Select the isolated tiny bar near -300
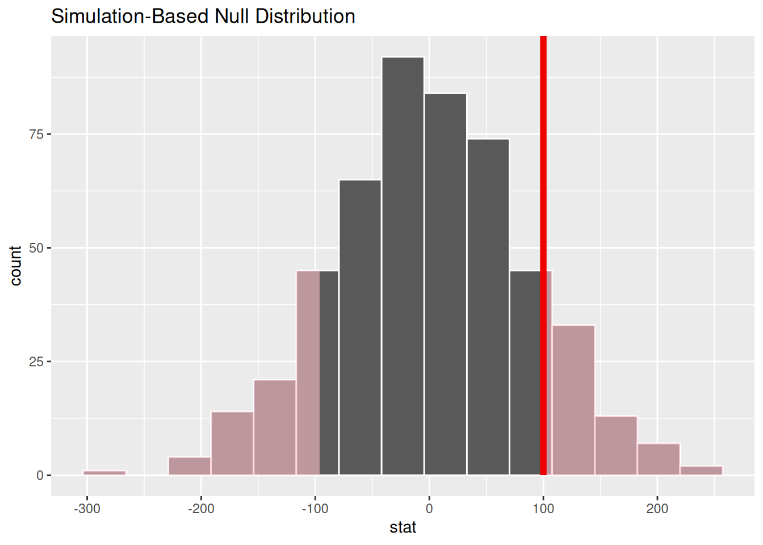(104, 472)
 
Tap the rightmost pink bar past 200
(701, 470)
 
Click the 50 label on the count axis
(37, 248)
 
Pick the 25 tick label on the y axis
(37, 362)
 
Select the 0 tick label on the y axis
(40, 476)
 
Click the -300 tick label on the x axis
(87, 509)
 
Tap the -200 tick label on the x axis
(201, 509)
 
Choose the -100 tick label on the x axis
(315, 509)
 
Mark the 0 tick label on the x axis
(429, 509)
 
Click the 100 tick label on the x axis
(543, 509)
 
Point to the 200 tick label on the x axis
(657, 509)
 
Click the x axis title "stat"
(403, 527)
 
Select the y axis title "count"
(15, 266)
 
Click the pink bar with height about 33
(573, 400)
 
